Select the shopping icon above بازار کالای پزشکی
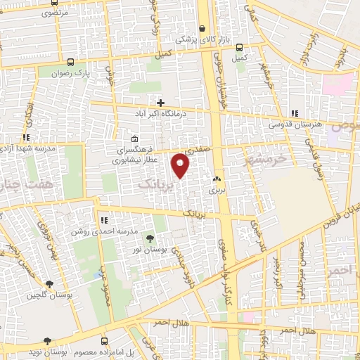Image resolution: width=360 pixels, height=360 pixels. coord(202,29)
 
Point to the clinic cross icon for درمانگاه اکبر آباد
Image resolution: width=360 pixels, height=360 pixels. coord(161,103)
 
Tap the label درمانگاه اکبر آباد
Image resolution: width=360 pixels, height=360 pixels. coord(161,113)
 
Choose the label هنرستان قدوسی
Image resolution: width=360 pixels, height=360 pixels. coord(295,124)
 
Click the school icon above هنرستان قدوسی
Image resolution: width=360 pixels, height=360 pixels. coord(295,113)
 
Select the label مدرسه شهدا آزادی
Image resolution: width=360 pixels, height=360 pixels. coord(29,148)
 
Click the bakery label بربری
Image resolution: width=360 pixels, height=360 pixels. coord(216,190)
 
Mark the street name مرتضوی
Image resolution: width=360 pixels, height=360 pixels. coord(56,13)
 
